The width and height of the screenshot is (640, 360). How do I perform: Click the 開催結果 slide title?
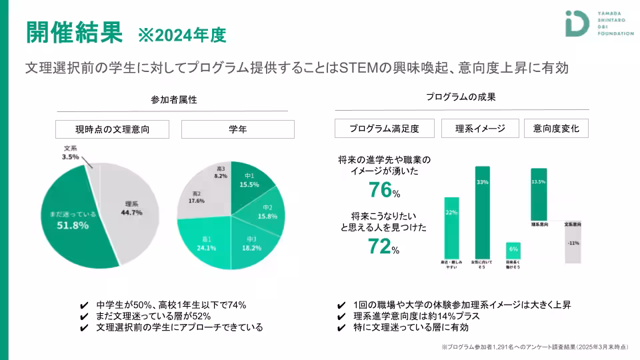pyautogui.click(x=74, y=31)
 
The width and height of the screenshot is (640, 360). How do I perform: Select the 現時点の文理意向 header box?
pyautogui.click(x=112, y=129)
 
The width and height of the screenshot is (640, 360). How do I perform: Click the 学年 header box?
pyautogui.click(x=237, y=129)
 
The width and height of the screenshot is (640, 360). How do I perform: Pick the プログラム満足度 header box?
pyautogui.click(x=385, y=129)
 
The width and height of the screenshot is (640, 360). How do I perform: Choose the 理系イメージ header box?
pyautogui.click(x=480, y=129)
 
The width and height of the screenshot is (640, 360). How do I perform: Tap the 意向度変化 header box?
pyautogui.click(x=556, y=129)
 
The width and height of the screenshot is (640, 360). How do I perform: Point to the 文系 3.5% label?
pyautogui.click(x=70, y=153)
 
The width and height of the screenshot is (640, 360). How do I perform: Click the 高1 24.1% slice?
pyautogui.click(x=203, y=244)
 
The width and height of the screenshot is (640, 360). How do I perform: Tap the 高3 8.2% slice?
pyautogui.click(x=221, y=173)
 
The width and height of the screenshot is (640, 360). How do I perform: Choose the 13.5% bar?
pyautogui.click(x=539, y=194)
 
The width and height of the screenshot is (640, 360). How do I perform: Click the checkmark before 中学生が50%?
pyautogui.click(x=84, y=305)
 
